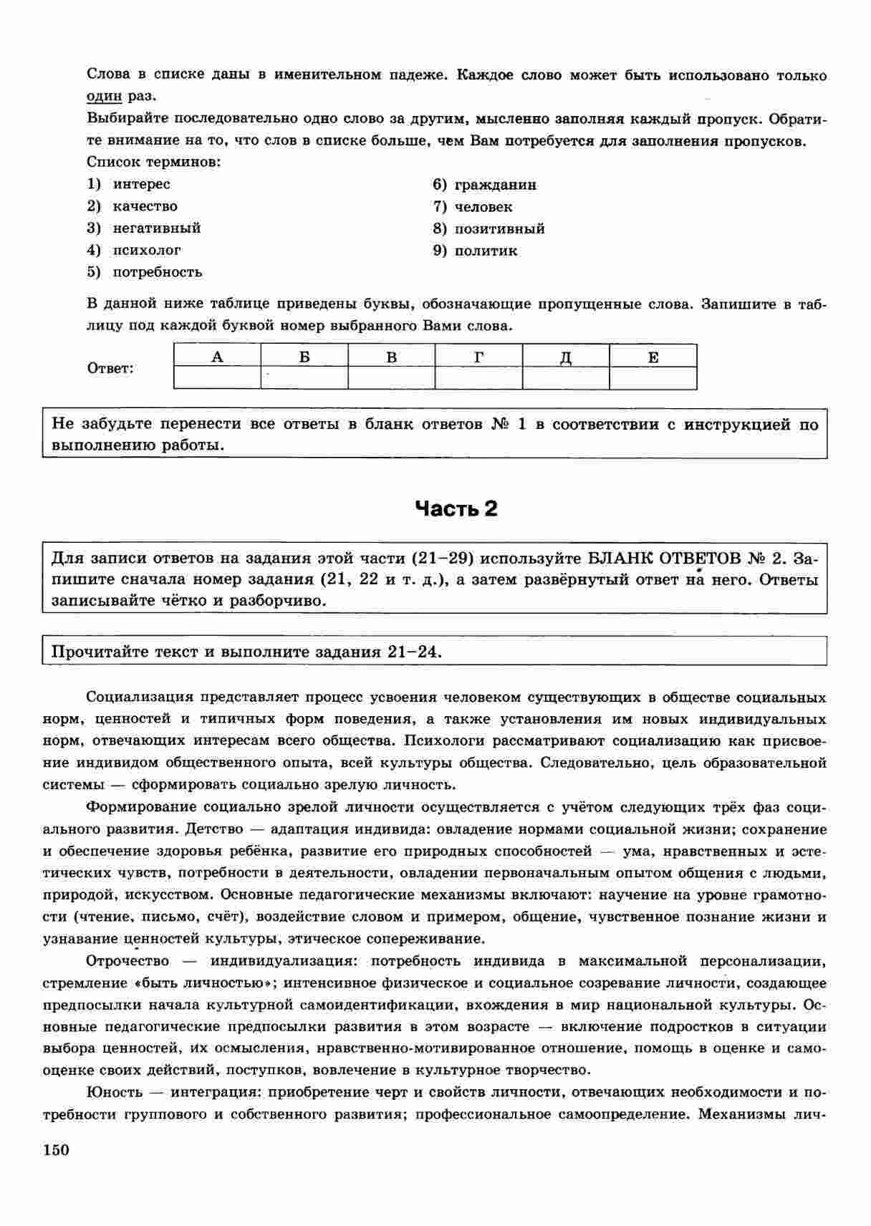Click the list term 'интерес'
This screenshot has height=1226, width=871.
click(x=141, y=184)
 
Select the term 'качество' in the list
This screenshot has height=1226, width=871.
click(x=145, y=206)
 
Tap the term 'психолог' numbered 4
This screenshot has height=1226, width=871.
click(x=147, y=250)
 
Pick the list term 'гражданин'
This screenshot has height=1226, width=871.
click(x=495, y=185)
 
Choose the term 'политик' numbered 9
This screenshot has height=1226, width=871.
click(x=486, y=251)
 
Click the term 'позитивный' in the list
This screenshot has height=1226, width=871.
click(x=499, y=228)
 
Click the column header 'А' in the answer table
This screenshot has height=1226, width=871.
click(x=217, y=356)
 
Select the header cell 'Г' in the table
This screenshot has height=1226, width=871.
click(x=478, y=356)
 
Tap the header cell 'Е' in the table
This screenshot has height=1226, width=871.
click(x=653, y=356)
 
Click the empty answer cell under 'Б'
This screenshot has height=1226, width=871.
click(x=304, y=377)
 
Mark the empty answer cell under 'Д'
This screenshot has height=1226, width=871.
click(x=566, y=377)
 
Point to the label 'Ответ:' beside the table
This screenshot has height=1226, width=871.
click(x=110, y=369)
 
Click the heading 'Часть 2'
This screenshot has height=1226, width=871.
click(x=456, y=509)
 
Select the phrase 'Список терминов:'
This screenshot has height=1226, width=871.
click(x=153, y=162)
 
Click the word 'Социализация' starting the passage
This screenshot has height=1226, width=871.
click(x=140, y=698)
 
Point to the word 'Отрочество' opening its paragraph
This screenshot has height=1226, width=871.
click(x=127, y=961)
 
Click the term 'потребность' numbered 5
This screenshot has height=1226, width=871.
click(x=158, y=272)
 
